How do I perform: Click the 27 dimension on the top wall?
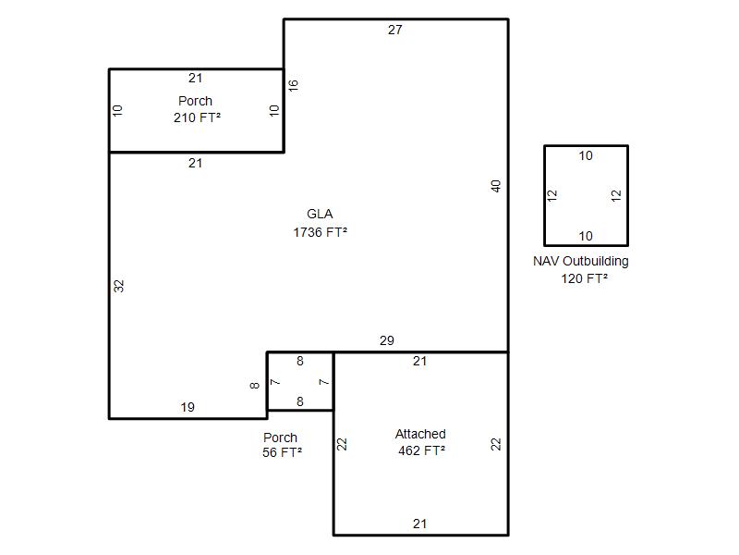395,30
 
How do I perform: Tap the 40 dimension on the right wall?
496,186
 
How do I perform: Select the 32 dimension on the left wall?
119,286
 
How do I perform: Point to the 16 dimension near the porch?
293,85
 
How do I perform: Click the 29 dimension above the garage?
387,340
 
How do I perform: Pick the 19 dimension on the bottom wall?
188,407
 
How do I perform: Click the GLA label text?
320,214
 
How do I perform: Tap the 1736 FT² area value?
321,232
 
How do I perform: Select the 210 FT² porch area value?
198,117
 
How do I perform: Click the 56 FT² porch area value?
283,452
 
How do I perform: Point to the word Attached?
420,434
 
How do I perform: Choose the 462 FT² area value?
422,450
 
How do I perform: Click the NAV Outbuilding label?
581,262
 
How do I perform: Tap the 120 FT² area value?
585,278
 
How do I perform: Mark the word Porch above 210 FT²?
195,101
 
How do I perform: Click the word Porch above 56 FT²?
281,438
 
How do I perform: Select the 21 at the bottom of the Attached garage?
420,524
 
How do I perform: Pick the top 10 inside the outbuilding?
586,155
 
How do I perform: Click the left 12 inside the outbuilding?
552,195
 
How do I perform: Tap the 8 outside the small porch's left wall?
255,386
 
